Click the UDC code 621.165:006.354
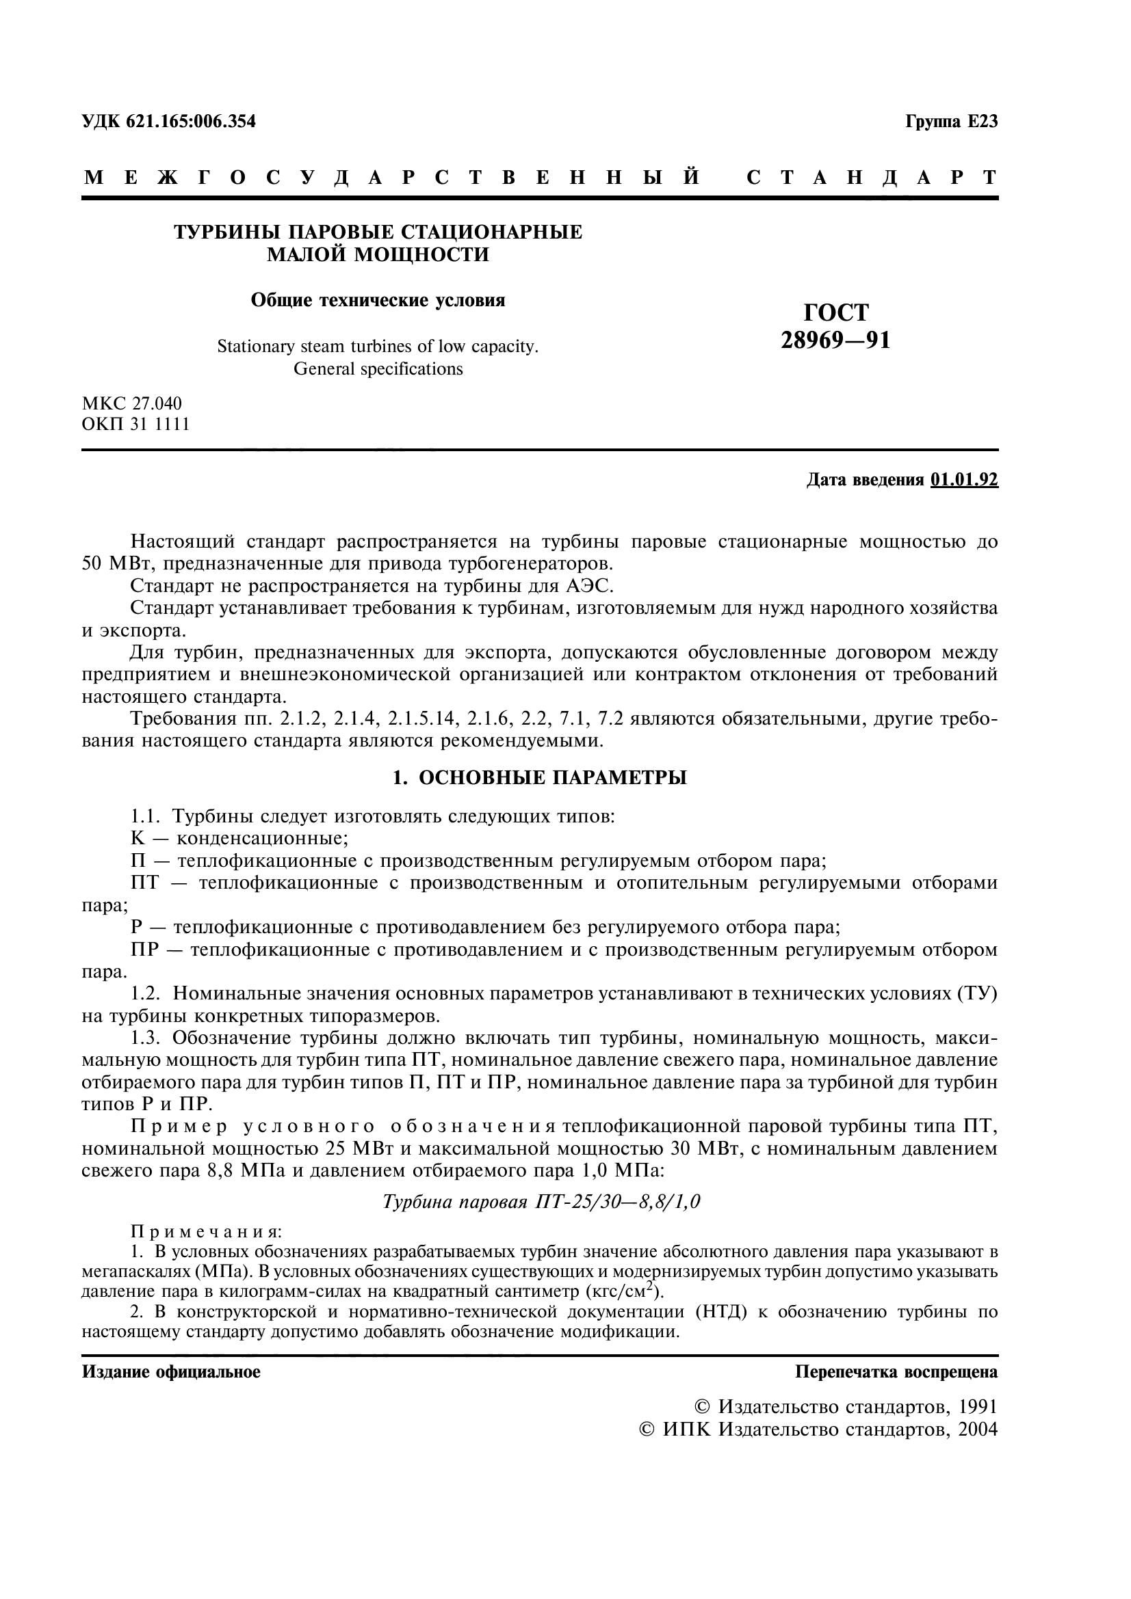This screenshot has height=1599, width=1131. tap(191, 121)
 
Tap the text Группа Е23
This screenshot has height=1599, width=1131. tap(951, 121)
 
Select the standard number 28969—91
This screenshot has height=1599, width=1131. tap(835, 340)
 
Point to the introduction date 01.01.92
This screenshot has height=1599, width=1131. tap(964, 480)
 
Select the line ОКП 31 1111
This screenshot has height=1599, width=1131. tap(136, 424)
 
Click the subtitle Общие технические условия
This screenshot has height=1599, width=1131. tap(378, 300)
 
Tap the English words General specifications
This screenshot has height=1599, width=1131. tap(378, 368)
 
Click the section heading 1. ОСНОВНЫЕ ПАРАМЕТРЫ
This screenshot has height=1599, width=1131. tap(539, 778)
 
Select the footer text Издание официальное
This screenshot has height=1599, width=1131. tap(172, 1372)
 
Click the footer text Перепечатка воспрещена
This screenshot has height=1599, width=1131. tap(896, 1372)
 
